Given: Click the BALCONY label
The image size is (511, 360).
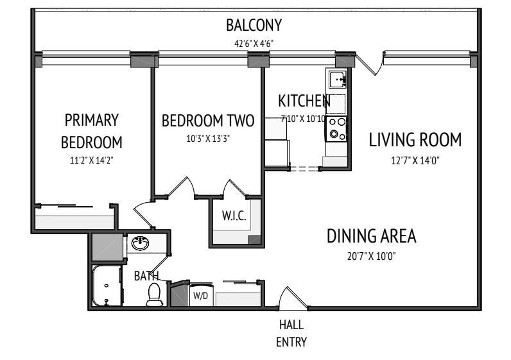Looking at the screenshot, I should click(254, 27).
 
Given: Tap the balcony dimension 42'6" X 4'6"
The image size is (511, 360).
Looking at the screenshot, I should click(254, 44).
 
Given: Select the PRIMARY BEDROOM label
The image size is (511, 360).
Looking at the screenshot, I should click(92, 130).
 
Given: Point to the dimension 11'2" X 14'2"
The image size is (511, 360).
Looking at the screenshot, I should click(92, 160).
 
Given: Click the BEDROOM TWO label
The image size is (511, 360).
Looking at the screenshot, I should click(207, 121).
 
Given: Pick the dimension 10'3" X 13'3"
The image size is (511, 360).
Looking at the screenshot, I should click(207, 138).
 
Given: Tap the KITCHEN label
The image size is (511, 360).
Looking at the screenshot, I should click(304, 101).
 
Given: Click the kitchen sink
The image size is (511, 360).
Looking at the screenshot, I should click(337, 80).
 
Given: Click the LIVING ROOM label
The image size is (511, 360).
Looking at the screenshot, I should click(415, 140).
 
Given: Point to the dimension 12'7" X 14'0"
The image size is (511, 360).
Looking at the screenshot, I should click(415, 160).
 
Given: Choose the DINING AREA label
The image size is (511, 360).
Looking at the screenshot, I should click(372, 236).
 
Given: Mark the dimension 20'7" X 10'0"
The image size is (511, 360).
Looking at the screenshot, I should click(372, 256).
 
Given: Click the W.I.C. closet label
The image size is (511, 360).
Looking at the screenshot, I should click(234, 217).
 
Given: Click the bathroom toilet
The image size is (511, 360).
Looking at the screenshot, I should click(154, 294).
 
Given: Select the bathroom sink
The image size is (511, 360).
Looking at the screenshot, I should click(140, 243).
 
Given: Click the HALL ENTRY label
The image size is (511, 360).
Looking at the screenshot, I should click(291, 333).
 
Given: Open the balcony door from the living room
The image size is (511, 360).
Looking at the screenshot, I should click(368, 63).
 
